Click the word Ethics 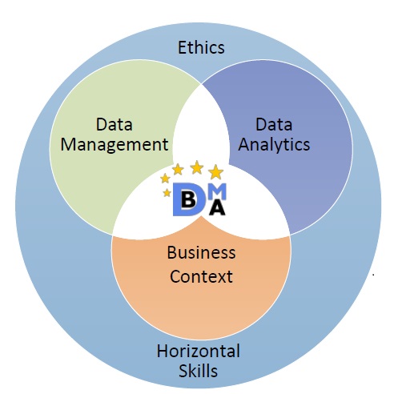click(201, 47)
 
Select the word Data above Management click(115, 124)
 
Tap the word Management click(115, 145)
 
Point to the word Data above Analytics click(274, 124)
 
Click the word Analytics click(274, 145)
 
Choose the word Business click(201, 252)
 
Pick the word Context click(201, 276)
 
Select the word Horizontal click(198, 351)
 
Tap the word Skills click(198, 371)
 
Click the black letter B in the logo click(188, 199)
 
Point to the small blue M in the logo click(217, 191)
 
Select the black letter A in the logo click(218, 207)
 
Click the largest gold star click(215, 172)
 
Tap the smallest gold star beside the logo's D click(167, 192)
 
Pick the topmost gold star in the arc click(197, 167)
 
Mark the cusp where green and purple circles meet click(201, 84)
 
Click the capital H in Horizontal click(162, 351)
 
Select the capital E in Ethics click(182, 48)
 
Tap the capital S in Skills click(183, 371)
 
